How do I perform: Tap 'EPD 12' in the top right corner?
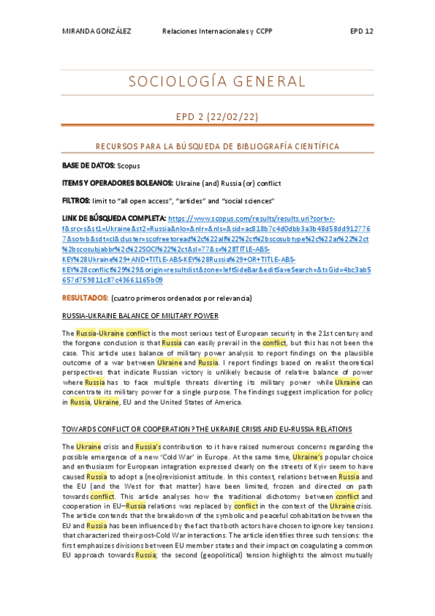pos(361,32)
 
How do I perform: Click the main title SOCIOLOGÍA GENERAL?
pos(217,81)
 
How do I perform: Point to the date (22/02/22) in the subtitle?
pos(236,117)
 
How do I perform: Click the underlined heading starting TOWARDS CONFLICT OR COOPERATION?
pos(207,429)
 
